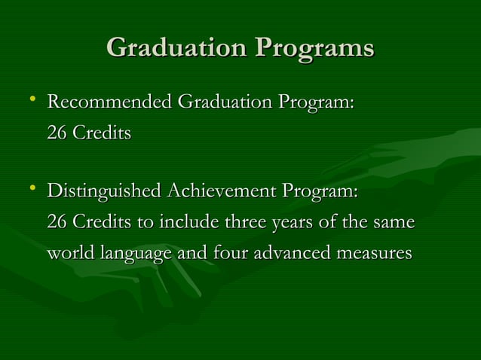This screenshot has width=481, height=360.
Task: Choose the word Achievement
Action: [x=219, y=191]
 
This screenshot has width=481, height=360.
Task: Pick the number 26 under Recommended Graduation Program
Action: [x=57, y=134]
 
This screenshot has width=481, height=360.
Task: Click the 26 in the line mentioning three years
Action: [x=57, y=224]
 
